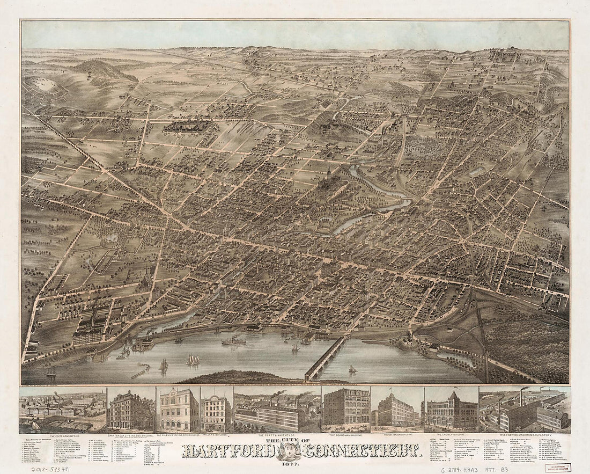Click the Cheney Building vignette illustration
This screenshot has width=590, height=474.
point(451,410)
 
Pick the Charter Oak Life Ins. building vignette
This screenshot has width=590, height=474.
point(131,410)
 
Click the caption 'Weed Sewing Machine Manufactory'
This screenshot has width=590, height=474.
point(525,436)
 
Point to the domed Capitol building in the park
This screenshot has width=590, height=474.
point(328,180)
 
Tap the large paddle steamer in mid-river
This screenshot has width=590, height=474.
point(234,340)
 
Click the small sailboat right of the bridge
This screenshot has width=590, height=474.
point(352,369)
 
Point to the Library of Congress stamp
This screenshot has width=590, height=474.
point(558,467)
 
